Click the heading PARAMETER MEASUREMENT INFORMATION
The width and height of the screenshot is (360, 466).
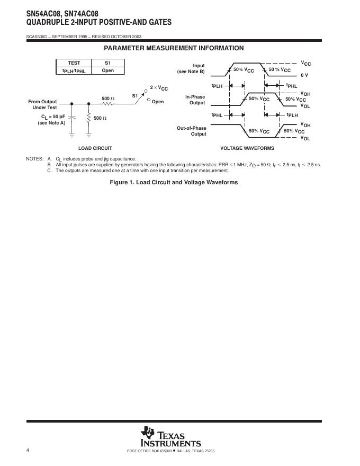tap(174, 48)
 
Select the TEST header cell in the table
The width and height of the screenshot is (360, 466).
tap(74, 63)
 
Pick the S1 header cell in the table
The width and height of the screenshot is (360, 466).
tap(108, 63)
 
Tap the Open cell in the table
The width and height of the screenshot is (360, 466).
tap(108, 70)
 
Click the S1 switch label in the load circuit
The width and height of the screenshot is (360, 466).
tap(135, 96)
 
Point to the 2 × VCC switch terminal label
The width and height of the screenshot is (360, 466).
tap(159, 88)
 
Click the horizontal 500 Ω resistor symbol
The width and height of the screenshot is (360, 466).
tap(107, 104)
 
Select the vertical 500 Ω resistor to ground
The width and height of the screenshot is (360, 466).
tap(89, 118)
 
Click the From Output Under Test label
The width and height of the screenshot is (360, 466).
tap(42, 104)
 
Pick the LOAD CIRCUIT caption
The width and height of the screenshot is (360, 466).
tap(95, 148)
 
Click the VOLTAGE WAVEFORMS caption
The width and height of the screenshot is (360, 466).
tap(247, 148)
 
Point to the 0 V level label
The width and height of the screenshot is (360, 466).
tap(304, 75)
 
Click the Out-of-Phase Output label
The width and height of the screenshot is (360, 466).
tap(192, 131)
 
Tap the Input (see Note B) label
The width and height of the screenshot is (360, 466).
tap(192, 69)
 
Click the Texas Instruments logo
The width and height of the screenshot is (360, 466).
tap(170, 437)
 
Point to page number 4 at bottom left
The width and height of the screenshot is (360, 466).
tap(28, 450)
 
